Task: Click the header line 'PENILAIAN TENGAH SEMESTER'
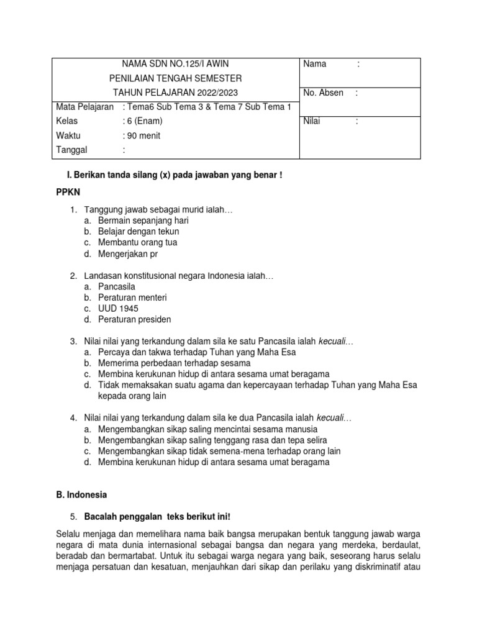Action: coord(176,78)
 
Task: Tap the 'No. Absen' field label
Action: coord(323,93)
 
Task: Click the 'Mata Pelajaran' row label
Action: coord(84,107)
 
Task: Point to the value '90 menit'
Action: coord(143,135)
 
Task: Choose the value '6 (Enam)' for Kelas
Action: coord(144,121)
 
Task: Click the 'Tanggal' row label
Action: coord(72,150)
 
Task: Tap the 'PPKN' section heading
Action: coord(68,194)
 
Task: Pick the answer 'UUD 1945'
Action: coord(118,308)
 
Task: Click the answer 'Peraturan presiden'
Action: coord(134,319)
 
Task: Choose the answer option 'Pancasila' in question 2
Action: coord(116,286)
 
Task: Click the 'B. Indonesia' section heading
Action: coord(81,495)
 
